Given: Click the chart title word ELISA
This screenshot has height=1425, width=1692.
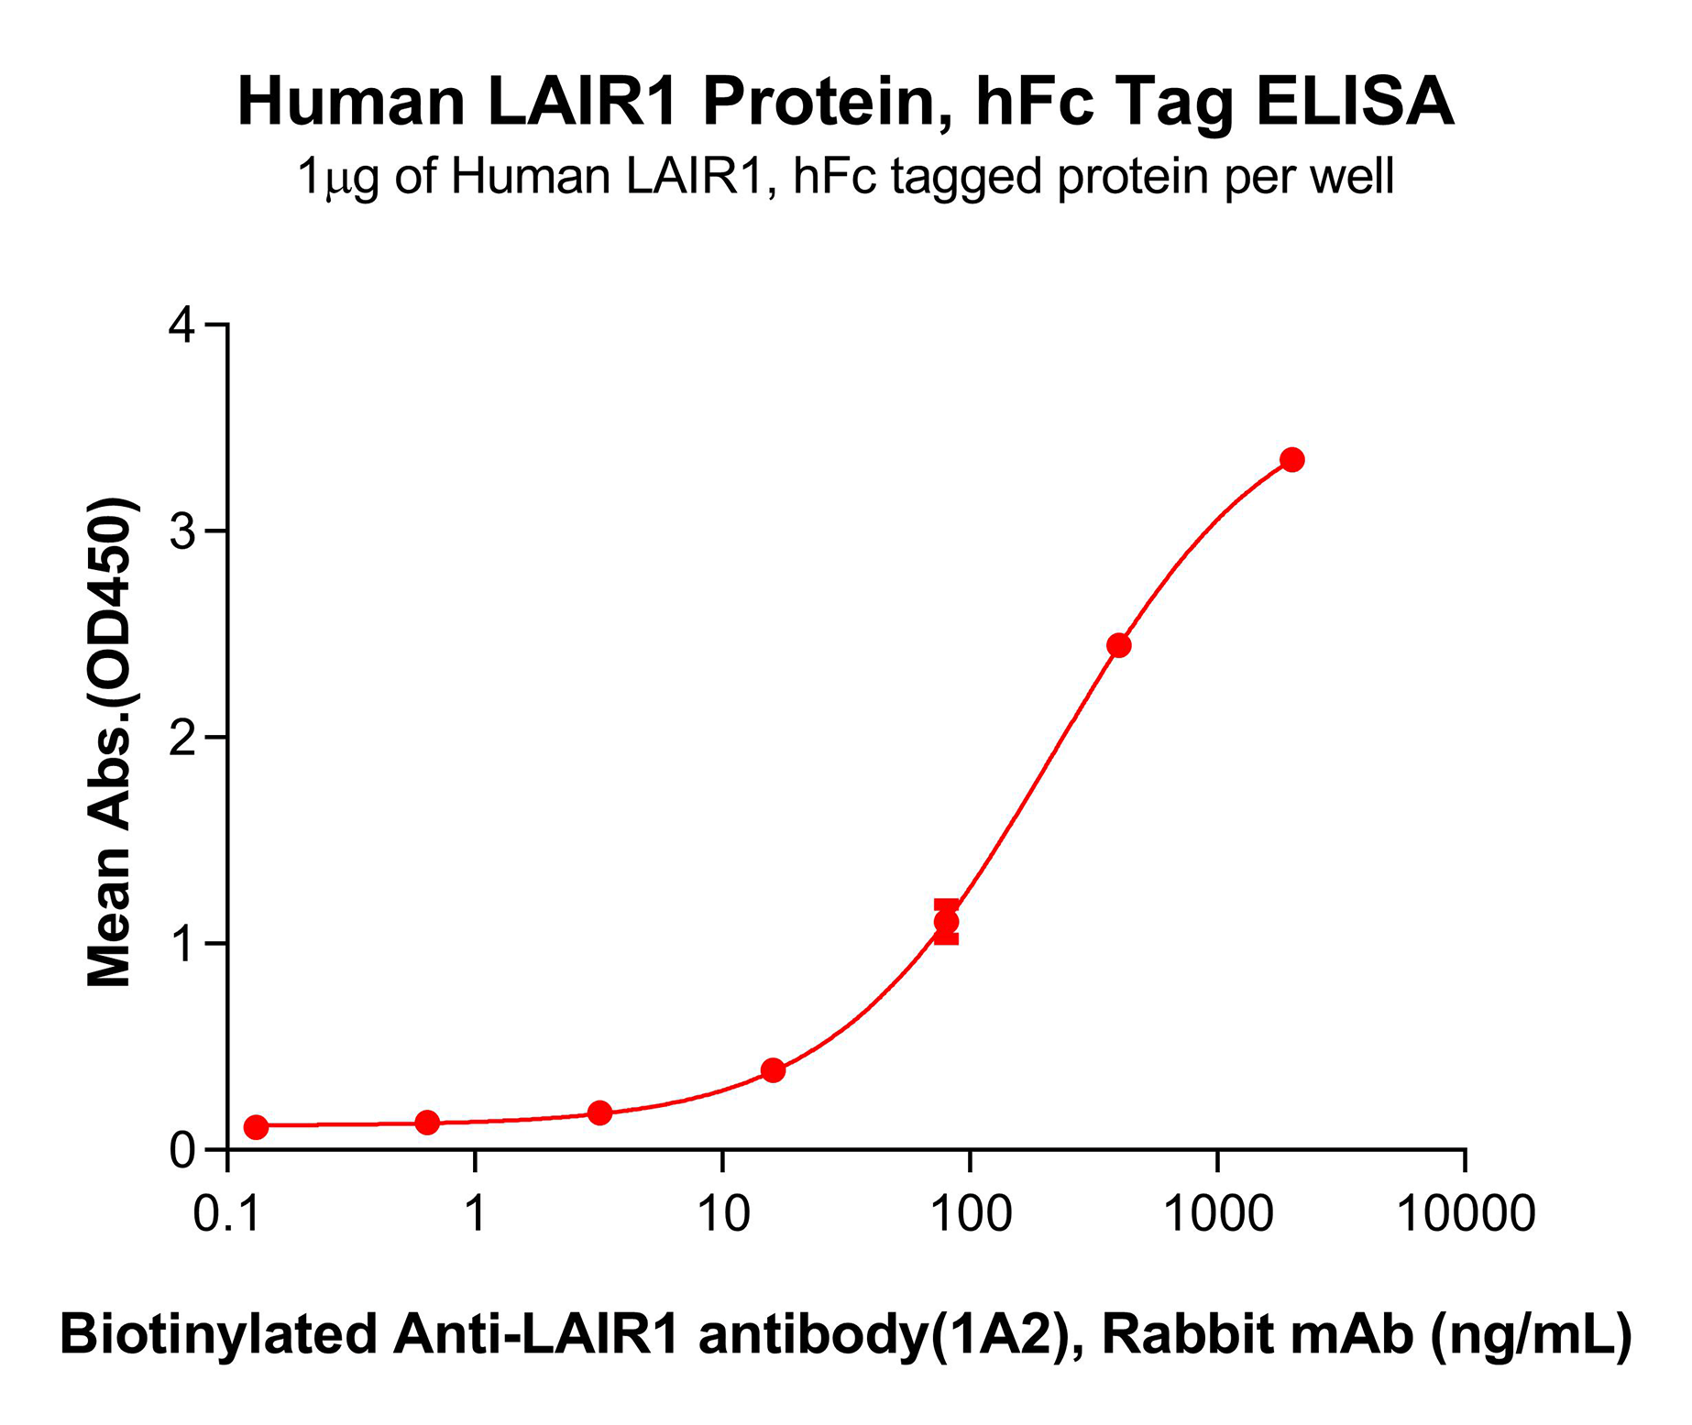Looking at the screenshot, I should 1354,102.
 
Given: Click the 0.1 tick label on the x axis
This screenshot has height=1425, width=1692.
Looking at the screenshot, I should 228,1214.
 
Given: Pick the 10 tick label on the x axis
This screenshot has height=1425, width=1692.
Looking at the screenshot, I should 723,1214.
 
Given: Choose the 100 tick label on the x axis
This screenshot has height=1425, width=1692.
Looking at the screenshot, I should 971,1214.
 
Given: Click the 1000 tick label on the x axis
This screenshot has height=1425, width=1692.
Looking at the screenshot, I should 1218,1214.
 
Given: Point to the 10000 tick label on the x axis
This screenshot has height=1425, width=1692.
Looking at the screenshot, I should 1465,1214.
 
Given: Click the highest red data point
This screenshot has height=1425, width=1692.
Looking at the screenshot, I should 1292,460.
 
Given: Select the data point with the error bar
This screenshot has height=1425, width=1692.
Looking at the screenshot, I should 947,922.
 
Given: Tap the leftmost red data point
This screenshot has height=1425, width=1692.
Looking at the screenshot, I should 257,1127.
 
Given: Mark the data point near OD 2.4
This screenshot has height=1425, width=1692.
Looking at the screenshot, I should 1119,645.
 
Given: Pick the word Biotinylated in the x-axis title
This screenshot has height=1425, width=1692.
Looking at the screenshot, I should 219,1334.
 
